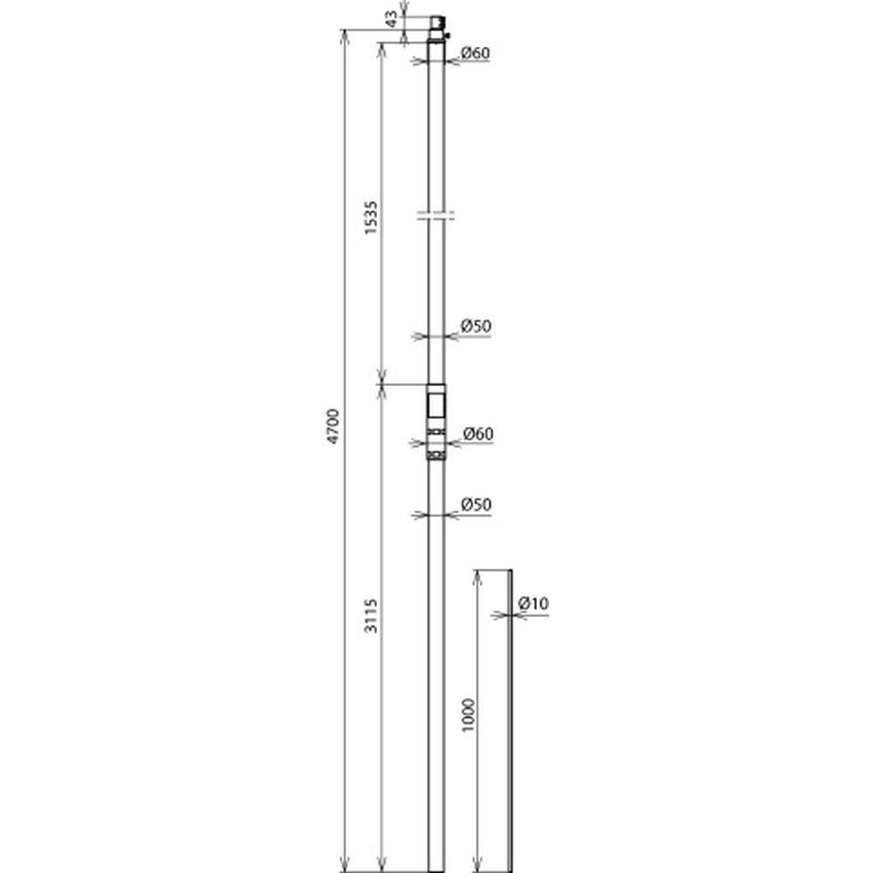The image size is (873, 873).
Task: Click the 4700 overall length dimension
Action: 333,426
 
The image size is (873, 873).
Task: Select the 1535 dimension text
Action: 371,217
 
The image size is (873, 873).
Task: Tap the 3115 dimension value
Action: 371,615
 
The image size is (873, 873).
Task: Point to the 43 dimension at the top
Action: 392,19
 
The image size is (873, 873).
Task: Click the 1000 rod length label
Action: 469,715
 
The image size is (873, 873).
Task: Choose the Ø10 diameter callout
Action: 533,603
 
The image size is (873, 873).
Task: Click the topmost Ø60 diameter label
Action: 476,53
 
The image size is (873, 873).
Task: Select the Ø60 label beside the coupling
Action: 478,433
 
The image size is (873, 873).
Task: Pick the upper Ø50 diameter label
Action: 476,326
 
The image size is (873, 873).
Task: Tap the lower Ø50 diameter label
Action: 476,505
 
